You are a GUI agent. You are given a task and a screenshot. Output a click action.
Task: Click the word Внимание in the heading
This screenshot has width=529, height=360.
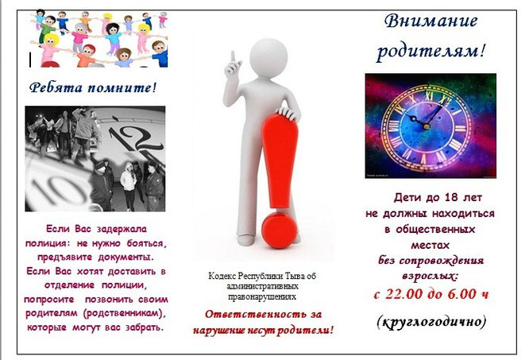tap(431, 21)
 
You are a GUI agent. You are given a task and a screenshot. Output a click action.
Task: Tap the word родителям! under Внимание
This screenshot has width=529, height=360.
tap(431, 52)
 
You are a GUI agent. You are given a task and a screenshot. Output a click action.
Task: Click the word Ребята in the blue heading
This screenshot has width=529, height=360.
tap(56, 88)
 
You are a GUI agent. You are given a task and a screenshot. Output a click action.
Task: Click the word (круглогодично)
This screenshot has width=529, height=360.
tap(431, 322)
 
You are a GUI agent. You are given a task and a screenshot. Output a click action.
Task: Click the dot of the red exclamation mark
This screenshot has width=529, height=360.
tap(279, 230)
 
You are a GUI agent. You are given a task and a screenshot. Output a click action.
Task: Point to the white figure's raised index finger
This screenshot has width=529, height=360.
tap(233, 57)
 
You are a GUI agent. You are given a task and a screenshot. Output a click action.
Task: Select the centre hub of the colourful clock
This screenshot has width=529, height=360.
tap(426, 126)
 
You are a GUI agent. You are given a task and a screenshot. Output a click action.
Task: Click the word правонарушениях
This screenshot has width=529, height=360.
tap(262, 297)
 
